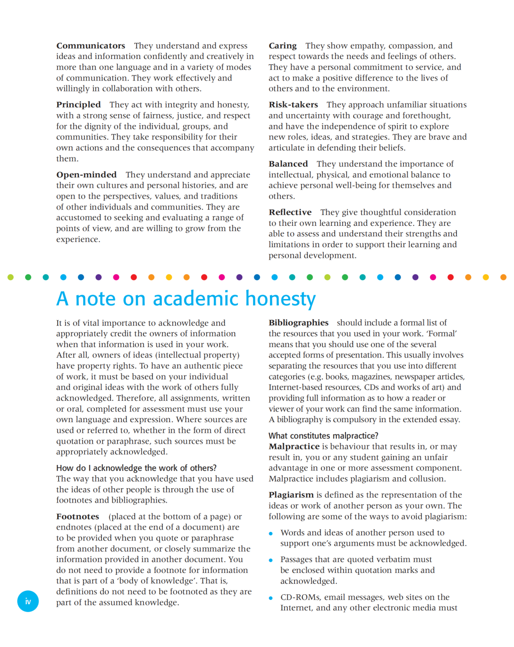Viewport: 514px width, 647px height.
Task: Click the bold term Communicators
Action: click(90, 46)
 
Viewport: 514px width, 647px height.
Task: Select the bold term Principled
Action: click(79, 105)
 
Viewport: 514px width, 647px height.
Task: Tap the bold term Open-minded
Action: click(86, 174)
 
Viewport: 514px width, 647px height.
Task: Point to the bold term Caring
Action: click(282, 46)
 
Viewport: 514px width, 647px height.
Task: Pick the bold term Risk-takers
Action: click(293, 105)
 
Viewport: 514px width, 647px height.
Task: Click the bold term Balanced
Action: click(288, 164)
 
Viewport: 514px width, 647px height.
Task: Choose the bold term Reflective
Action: click(290, 212)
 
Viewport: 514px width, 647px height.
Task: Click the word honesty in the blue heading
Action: click(280, 299)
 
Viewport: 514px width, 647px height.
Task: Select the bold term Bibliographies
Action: click(298, 323)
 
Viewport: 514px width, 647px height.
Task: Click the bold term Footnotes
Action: click(78, 517)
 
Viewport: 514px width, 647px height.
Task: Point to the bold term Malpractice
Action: click(294, 446)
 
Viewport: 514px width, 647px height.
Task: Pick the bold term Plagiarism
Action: click(291, 495)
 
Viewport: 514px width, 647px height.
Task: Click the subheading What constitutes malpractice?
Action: click(323, 435)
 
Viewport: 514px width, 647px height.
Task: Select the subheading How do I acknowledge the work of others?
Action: click(136, 468)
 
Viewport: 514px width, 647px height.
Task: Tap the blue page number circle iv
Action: click(28, 601)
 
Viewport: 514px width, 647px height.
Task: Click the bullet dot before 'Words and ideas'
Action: click(271, 533)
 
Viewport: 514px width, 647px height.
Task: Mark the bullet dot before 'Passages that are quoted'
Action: click(271, 560)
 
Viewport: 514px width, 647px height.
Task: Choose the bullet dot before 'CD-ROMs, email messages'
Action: click(271, 598)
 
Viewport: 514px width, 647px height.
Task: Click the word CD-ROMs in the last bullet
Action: click(299, 597)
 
